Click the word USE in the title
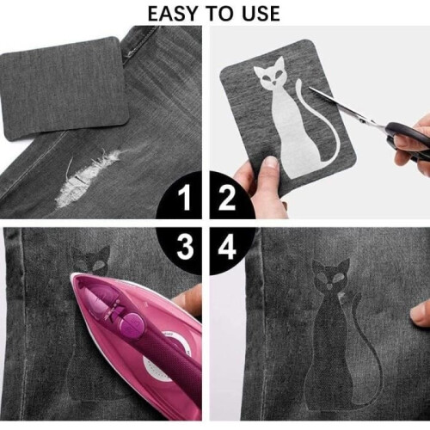coord(261,14)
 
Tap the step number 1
coord(185,196)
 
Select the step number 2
coord(227,197)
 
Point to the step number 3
coord(185,246)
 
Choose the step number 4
coord(227,246)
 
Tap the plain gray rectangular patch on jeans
coord(64,89)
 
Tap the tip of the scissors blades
coord(310,88)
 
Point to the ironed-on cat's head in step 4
coord(330,278)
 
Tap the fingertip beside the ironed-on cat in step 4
coord(419,316)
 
